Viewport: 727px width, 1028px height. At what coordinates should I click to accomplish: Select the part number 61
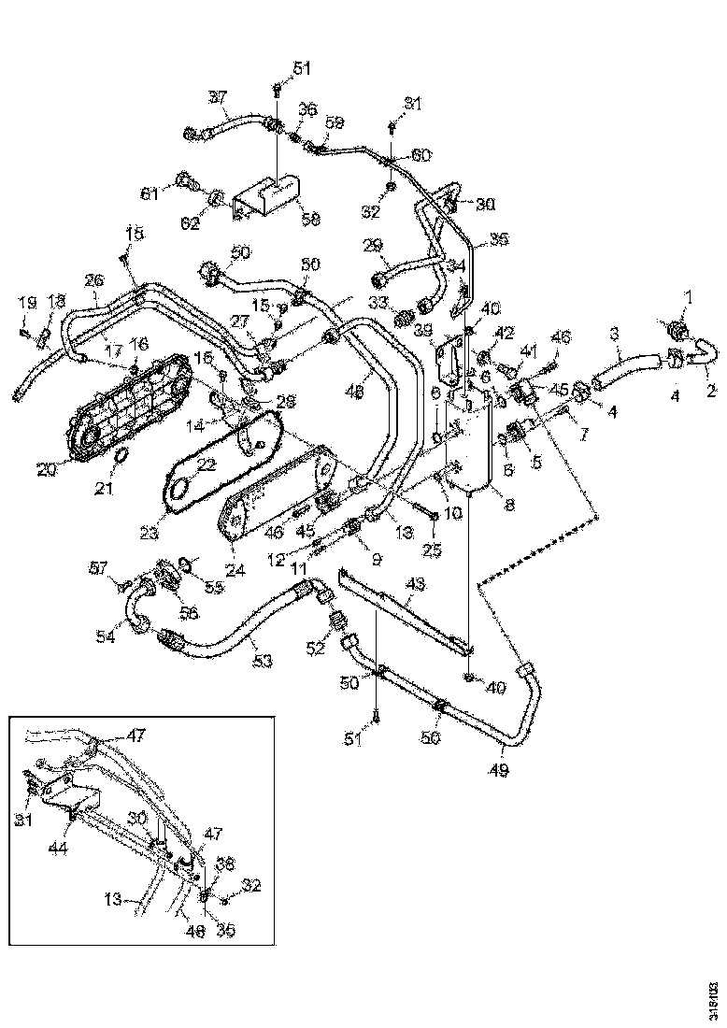(x=150, y=193)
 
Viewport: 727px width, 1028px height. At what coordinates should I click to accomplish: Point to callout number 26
(x=94, y=280)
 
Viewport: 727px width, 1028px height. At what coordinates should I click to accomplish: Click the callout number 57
(x=97, y=566)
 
